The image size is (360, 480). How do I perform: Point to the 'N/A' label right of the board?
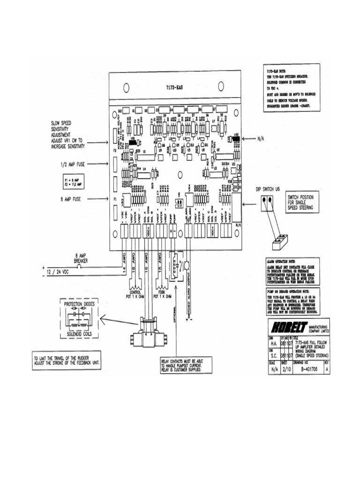(x=262, y=139)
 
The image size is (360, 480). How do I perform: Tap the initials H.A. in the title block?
(x=275, y=344)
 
